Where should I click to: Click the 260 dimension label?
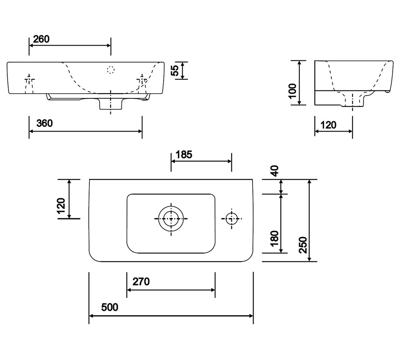pyautogui.click(x=41, y=39)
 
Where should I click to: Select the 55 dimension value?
pyautogui.click(x=175, y=70)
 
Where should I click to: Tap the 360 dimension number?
pyautogui.click(x=44, y=124)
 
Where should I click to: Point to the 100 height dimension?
pyautogui.click(x=292, y=91)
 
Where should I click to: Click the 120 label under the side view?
pyautogui.click(x=328, y=125)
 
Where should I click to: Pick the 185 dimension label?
pyautogui.click(x=184, y=154)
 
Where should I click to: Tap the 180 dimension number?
pyautogui.click(x=274, y=239)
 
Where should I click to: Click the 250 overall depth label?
pyautogui.click(x=303, y=245)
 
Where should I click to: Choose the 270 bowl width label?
pyautogui.click(x=141, y=282)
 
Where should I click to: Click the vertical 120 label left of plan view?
pyautogui.click(x=61, y=206)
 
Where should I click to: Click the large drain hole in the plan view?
pyautogui.click(x=171, y=218)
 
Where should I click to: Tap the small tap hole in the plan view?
pyautogui.click(x=231, y=218)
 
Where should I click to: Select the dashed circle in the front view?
pyautogui.click(x=111, y=70)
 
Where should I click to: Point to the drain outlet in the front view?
pyautogui.click(x=111, y=104)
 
